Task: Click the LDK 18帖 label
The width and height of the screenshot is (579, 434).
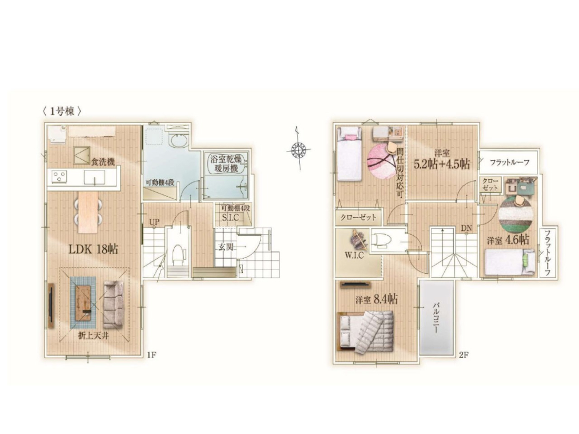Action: click(93, 249)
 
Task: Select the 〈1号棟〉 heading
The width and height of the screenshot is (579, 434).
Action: click(61, 111)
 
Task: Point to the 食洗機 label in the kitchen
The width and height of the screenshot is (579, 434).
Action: click(103, 162)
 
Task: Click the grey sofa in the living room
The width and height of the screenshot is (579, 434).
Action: click(113, 305)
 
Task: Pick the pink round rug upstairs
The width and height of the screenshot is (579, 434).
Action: click(381, 161)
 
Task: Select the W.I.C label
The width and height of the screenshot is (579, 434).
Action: click(354, 255)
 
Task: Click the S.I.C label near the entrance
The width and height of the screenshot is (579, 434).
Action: click(231, 217)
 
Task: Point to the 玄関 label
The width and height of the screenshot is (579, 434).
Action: click(226, 247)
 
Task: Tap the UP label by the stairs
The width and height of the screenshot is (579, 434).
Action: click(154, 223)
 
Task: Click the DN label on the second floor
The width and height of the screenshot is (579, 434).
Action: click(466, 228)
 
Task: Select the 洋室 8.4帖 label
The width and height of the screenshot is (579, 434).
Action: click(377, 299)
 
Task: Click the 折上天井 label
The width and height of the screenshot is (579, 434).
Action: click(93, 336)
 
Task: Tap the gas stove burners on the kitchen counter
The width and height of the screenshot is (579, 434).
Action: click(59, 176)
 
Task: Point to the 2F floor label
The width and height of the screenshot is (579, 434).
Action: click(464, 355)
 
